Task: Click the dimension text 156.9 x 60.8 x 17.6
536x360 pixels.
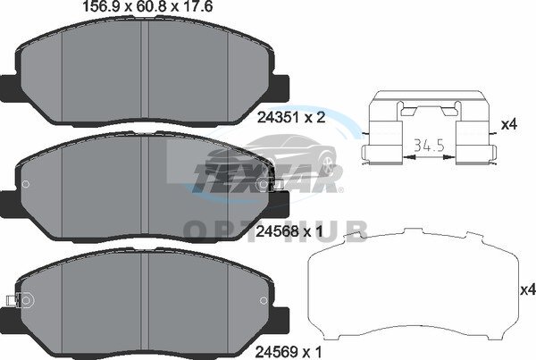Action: (148, 6)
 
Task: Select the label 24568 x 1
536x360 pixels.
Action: (289, 232)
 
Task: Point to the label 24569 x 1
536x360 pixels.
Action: (289, 351)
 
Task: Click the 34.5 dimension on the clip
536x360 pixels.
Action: (429, 146)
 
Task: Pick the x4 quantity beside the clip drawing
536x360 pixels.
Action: (509, 125)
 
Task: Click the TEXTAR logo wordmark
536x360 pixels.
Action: (266, 178)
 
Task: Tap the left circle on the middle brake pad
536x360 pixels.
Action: (25, 184)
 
